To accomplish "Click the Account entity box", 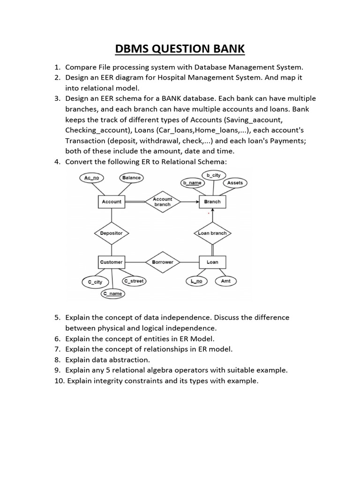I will coord(111,202).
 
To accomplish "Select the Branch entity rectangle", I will coord(212,202).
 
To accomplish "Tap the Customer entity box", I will coord(111,262).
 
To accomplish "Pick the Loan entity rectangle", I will coord(212,262).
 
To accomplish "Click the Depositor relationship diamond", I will coord(111,233).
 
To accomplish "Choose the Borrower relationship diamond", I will coord(162,262).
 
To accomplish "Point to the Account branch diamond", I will coord(162,202).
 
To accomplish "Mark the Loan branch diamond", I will coord(212,233).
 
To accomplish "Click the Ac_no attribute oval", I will coord(92,178).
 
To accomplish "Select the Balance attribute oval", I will coord(131,178).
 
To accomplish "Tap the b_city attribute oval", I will coord(213,175).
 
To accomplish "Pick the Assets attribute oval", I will coord(235,182).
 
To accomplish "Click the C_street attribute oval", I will coord(134,281).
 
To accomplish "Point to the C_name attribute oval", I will coord(112,294).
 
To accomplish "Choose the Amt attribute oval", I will coord(226,281).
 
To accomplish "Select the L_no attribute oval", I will coord(196,281).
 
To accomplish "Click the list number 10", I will coord(60,381).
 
